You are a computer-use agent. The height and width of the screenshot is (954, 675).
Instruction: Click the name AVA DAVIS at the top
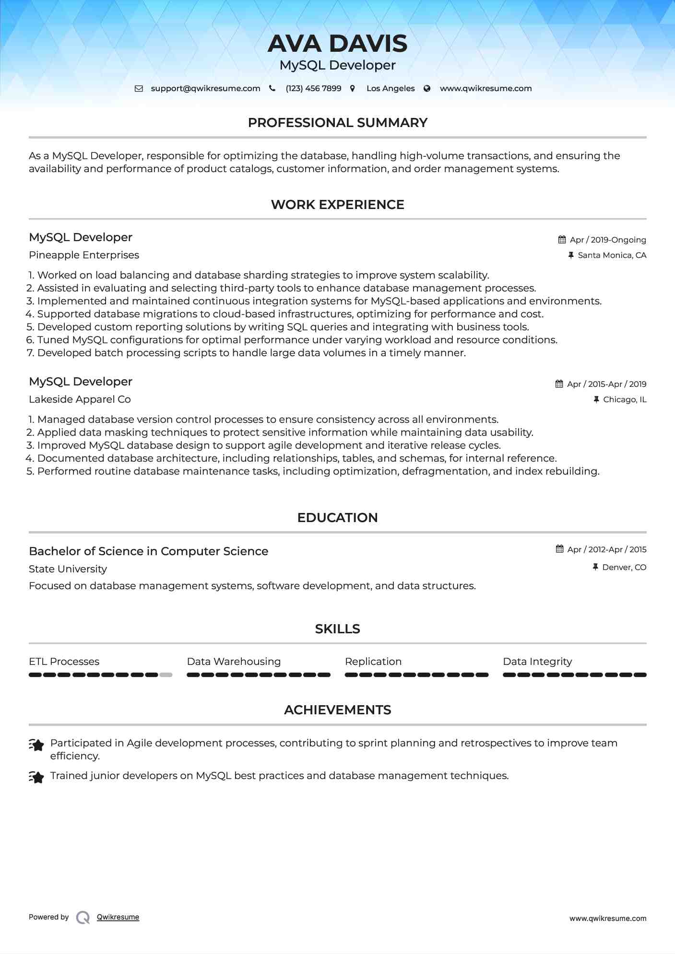[337, 44]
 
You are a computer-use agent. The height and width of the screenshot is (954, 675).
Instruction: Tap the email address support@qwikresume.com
[205, 89]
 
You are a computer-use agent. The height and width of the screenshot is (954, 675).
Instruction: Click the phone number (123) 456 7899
[313, 89]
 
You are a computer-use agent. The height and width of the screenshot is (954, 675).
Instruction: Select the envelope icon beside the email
[139, 89]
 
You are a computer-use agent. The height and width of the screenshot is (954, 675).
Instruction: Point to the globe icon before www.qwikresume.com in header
[427, 89]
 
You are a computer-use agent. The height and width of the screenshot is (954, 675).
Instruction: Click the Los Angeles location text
[390, 89]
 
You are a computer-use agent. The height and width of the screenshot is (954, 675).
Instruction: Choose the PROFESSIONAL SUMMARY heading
[337, 123]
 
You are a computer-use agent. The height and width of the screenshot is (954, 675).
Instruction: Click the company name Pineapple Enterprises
[84, 255]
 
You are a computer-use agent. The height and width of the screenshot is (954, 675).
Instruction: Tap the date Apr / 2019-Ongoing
[607, 240]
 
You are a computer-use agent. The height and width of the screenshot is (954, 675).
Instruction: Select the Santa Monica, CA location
[612, 256]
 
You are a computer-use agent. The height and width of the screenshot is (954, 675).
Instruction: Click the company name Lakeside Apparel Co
[80, 399]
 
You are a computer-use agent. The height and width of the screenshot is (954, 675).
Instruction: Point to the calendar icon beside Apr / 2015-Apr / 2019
[559, 384]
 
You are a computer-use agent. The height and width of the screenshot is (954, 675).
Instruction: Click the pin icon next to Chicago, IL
[596, 399]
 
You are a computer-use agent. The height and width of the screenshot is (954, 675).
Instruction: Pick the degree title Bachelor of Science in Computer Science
[148, 551]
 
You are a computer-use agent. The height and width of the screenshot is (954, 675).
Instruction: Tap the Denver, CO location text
[624, 568]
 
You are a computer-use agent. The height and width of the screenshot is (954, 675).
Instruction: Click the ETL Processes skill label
[64, 662]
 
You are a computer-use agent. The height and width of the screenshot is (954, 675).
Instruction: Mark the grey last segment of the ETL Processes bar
[166, 675]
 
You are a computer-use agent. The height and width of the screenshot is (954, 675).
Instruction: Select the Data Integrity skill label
[537, 662]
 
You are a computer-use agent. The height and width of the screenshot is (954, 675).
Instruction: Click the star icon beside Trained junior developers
[36, 777]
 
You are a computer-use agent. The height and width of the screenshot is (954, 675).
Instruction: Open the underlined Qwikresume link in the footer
[118, 917]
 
